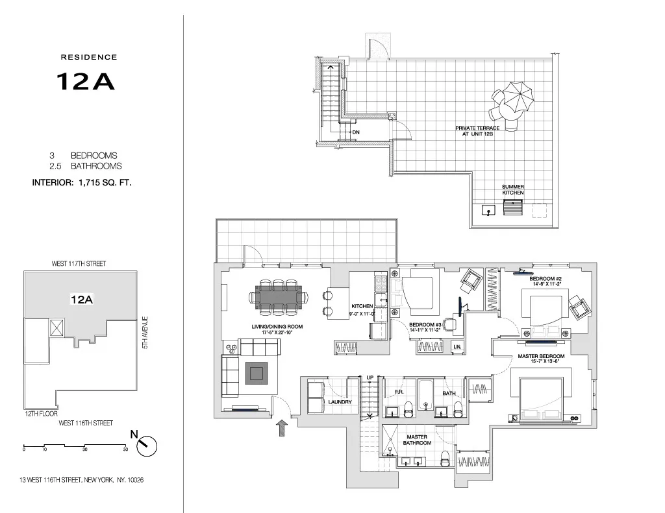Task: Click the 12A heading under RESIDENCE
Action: [85, 81]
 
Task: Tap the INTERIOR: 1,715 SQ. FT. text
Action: [82, 183]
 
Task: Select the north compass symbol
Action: [147, 444]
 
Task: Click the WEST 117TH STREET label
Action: [79, 264]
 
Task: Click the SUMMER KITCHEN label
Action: [512, 190]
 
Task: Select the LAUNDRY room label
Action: [340, 402]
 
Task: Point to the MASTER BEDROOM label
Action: [540, 357]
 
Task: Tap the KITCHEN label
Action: [362, 306]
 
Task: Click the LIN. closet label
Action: [457, 348]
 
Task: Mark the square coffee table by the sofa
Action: [256, 374]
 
